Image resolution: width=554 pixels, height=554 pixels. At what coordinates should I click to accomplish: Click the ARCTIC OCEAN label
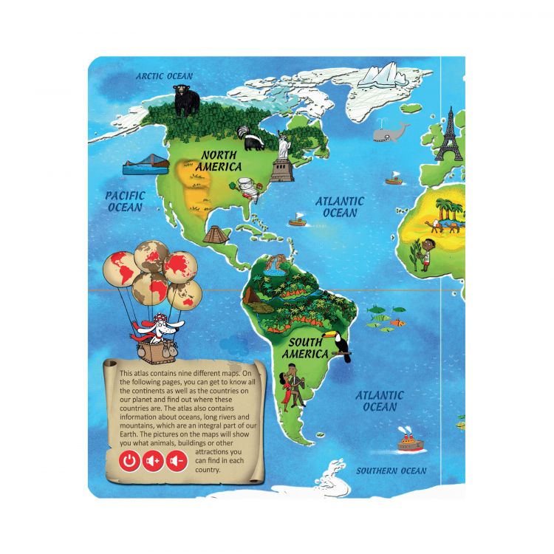(164, 76)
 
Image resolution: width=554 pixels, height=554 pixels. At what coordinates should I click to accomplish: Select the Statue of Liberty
(281, 155)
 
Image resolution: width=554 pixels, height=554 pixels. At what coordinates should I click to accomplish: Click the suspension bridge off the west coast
(145, 165)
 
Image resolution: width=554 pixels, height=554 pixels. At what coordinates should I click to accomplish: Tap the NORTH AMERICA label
(219, 161)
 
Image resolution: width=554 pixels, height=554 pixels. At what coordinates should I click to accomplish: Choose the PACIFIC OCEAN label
(125, 202)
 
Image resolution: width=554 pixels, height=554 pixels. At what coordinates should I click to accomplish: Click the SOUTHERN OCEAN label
(391, 471)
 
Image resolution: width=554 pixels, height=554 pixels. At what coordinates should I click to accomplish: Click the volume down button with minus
(176, 462)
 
